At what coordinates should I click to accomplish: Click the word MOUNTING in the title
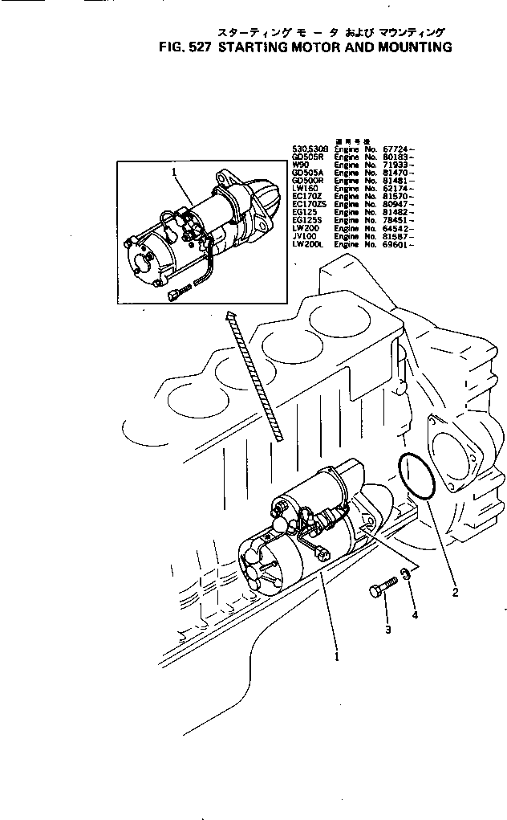[x=408, y=47]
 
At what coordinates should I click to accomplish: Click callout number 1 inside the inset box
[x=173, y=172]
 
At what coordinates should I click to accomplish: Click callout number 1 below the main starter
[x=337, y=655]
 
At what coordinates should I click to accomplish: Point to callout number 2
[x=455, y=594]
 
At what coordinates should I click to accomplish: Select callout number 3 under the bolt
[x=387, y=630]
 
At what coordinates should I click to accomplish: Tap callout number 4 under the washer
[x=415, y=616]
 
